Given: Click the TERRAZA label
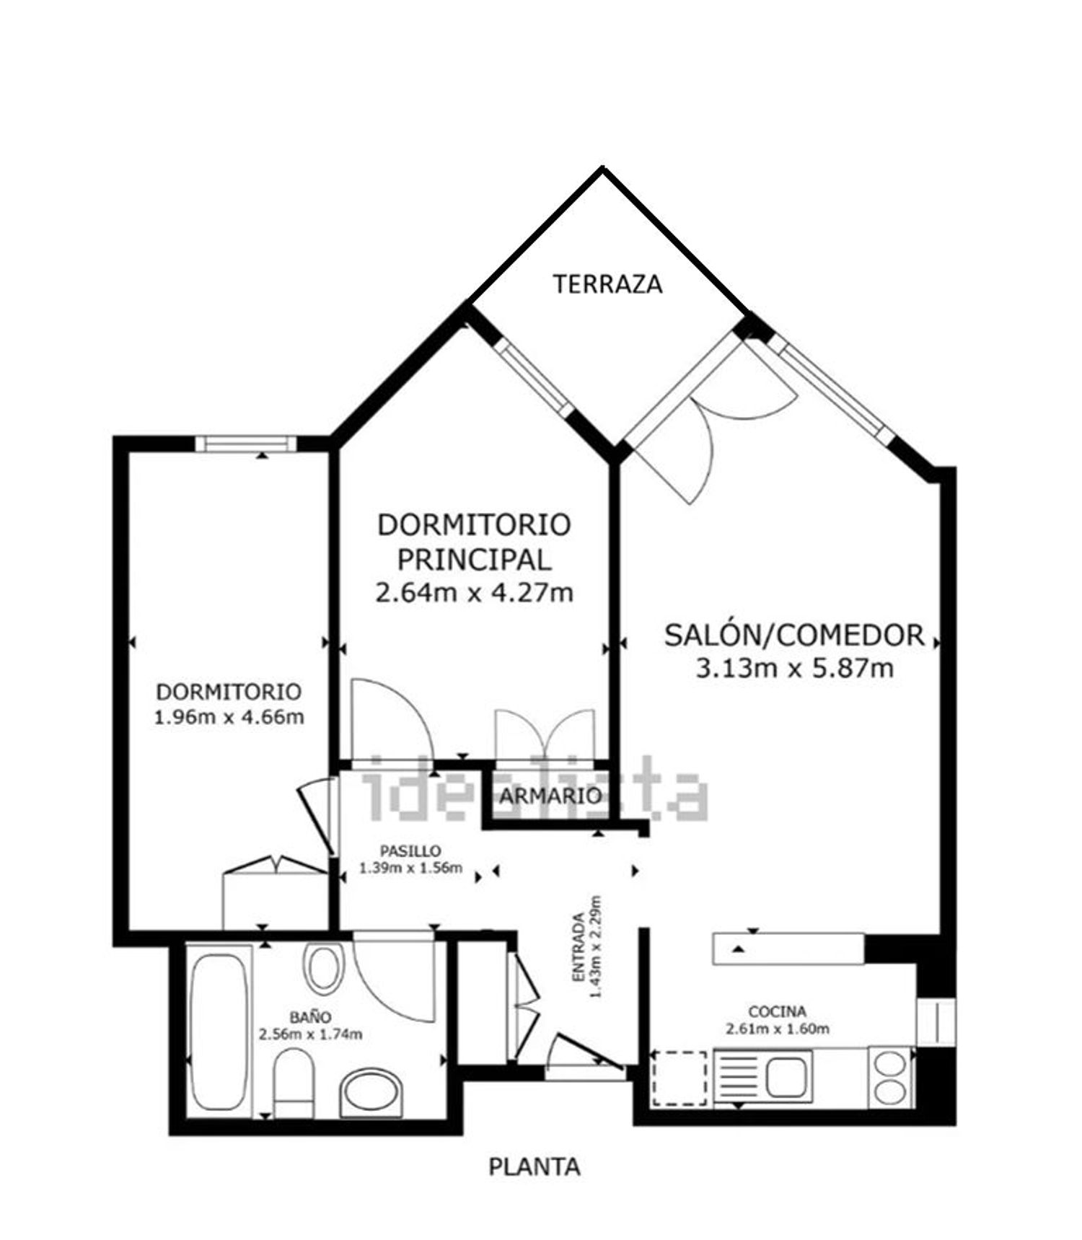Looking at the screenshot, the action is [607, 283].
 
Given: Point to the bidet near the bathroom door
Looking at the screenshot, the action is [322, 967].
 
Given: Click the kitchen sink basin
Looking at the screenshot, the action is [789, 1076].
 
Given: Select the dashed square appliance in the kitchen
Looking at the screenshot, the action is [679, 1078].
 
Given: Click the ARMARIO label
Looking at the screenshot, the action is [551, 796].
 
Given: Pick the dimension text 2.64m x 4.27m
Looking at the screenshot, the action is [474, 593].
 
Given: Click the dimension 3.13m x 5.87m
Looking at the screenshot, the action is [794, 669].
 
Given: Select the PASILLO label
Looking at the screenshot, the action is [410, 851].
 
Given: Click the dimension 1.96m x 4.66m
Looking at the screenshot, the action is [229, 718].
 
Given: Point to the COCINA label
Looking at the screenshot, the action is [777, 1012].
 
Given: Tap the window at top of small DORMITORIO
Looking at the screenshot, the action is [246, 443].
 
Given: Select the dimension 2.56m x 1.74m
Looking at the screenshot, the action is [310, 1035].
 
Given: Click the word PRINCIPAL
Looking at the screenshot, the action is [474, 559].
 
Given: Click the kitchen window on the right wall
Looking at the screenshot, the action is [936, 1021].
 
